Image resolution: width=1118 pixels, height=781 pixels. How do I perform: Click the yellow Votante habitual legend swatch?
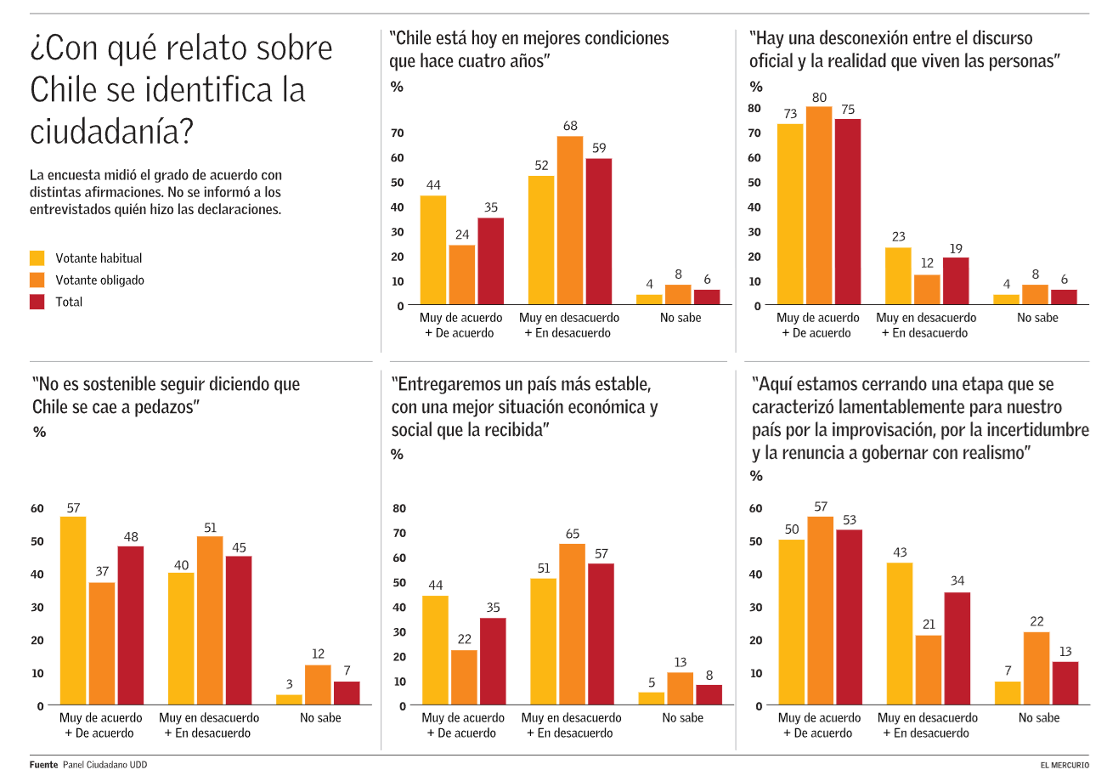coord(37,258)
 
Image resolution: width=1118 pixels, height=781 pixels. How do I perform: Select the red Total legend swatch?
coord(37,302)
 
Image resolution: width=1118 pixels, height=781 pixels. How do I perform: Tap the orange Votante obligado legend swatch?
coord(37,280)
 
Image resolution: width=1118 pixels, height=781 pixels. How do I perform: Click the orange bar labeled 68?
coord(570,220)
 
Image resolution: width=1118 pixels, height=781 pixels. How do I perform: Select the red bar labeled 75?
coord(848,212)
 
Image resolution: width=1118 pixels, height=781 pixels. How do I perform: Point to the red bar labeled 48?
coord(131,625)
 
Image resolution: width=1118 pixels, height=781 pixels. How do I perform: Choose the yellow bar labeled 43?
coord(899,634)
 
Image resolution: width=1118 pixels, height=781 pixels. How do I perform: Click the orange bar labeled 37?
coord(102,643)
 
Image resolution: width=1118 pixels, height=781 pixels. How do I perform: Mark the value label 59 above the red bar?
coord(599,148)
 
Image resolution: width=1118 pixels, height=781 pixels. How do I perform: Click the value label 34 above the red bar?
coord(957,581)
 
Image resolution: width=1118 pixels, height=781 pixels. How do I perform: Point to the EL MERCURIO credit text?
coord(1064,765)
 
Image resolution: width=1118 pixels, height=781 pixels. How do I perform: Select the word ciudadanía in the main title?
coord(111,132)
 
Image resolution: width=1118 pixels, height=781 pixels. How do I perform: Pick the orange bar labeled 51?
coord(210,620)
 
